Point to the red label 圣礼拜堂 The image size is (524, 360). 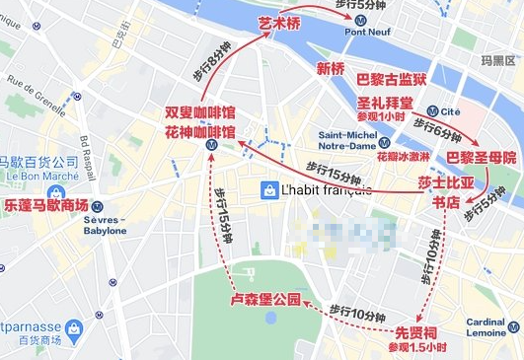pyautogui.click(x=383, y=101)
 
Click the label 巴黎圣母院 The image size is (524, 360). pyautogui.click(x=481, y=157)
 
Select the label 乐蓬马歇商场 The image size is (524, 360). pyautogui.click(x=46, y=205)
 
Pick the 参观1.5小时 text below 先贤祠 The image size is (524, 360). pyautogui.click(x=416, y=348)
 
